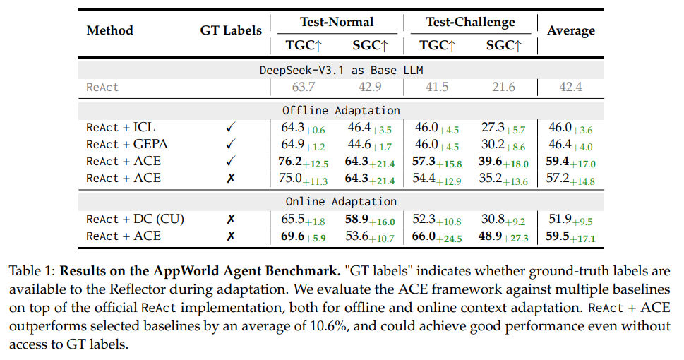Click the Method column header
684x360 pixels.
point(109,30)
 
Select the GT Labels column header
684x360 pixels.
point(231,30)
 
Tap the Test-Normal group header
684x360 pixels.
point(337,22)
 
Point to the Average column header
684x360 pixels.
point(571,30)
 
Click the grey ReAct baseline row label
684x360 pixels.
point(102,88)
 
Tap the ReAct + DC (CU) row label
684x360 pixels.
point(135,219)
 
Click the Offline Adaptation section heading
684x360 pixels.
point(341,111)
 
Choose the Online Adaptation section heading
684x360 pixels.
point(341,202)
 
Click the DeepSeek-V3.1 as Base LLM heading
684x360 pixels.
point(341,70)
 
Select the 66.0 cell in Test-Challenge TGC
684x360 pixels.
point(425,236)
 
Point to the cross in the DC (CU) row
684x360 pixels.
point(231,219)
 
